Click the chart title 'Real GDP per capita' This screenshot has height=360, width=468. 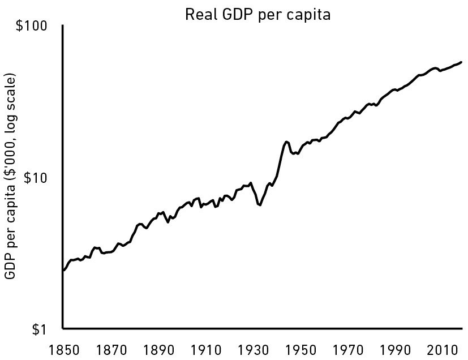click(x=257, y=15)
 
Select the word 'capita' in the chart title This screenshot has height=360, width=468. click(x=311, y=15)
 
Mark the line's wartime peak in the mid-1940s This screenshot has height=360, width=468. click(x=286, y=142)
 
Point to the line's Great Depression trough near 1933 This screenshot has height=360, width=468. click(x=260, y=205)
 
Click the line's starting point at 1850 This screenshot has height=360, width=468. click(x=63, y=271)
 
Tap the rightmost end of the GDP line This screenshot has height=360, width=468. click(x=461, y=62)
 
